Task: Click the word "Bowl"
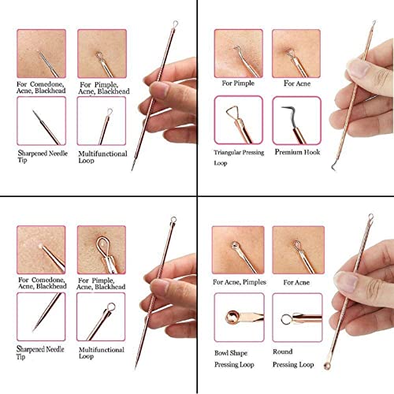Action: (223, 352)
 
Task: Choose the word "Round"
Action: (282, 352)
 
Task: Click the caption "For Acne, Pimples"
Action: (239, 281)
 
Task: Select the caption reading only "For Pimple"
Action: (238, 82)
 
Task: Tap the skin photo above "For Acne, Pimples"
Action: (239, 248)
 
